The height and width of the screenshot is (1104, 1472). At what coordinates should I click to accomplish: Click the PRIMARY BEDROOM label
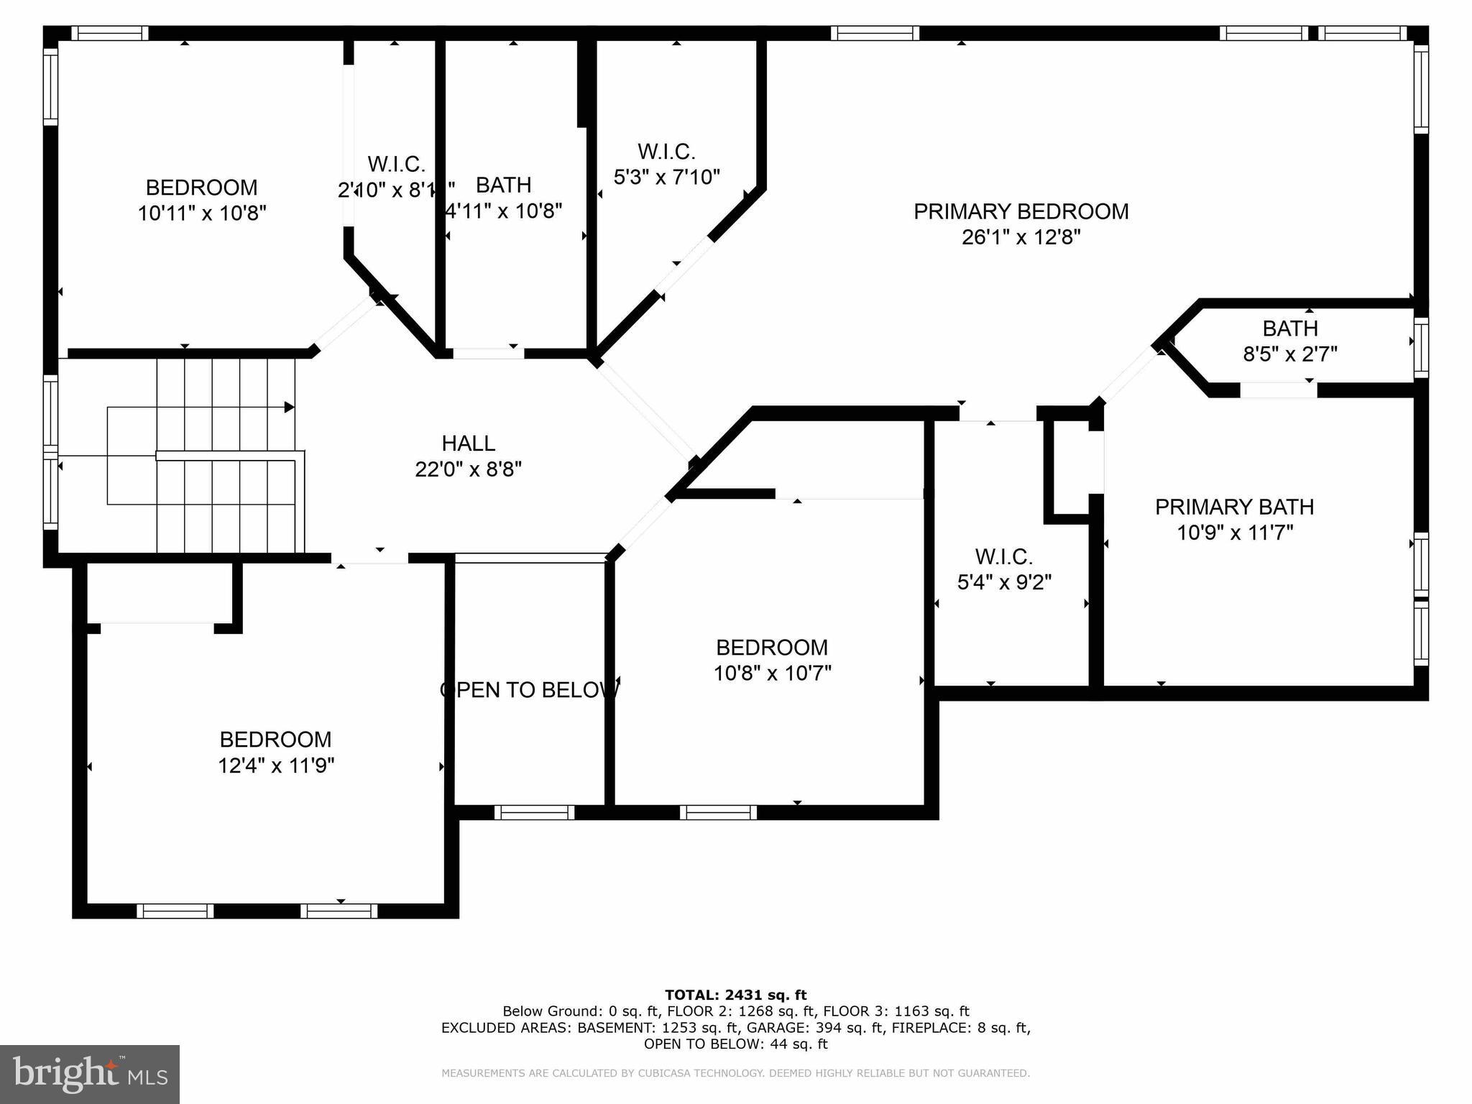tap(1021, 211)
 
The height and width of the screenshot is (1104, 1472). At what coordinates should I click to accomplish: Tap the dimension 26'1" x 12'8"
tap(1021, 237)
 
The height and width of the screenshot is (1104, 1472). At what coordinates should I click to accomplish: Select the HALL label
tap(468, 443)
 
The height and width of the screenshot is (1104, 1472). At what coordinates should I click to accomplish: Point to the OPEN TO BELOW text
tap(530, 690)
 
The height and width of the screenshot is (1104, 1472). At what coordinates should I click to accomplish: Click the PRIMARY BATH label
tap(1234, 507)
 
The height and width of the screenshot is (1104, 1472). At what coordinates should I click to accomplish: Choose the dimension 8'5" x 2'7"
tap(1289, 354)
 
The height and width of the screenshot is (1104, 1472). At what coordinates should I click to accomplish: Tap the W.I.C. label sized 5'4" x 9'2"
tap(1003, 556)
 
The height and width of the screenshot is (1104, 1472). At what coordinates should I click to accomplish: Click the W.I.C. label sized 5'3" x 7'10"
tap(666, 152)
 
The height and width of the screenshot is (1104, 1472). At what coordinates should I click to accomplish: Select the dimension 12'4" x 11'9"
tap(276, 765)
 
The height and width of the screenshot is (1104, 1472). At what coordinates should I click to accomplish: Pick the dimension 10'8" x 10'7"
tap(772, 673)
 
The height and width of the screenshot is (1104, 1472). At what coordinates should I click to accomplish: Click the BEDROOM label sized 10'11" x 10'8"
tap(201, 188)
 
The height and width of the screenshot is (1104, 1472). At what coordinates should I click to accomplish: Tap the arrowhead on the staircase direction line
tap(290, 408)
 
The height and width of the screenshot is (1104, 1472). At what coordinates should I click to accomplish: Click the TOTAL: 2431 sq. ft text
tap(735, 995)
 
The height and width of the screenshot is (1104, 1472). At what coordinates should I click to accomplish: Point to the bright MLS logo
tap(90, 1075)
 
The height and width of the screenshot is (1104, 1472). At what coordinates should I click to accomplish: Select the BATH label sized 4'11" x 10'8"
tap(503, 185)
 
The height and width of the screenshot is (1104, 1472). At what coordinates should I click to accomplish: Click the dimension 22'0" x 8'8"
tap(468, 469)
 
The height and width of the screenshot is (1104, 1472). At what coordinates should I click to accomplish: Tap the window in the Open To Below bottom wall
tap(534, 812)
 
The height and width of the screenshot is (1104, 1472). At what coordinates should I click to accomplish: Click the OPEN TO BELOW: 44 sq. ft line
tap(735, 1044)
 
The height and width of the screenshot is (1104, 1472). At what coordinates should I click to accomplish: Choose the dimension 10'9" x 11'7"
tap(1234, 533)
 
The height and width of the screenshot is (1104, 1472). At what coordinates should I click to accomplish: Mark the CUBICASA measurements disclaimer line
tap(735, 1073)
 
